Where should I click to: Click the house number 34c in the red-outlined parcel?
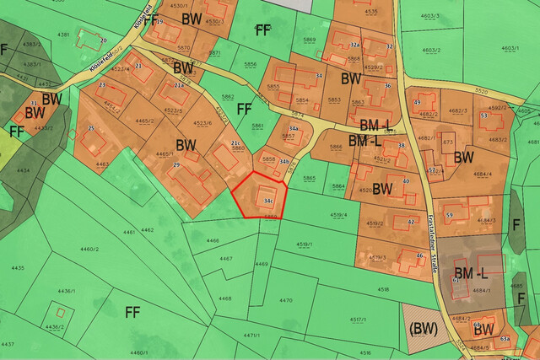tap(267, 201)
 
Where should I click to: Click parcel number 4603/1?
tap(509, 49)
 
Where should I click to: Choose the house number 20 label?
tap(103, 40)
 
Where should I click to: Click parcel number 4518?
tap(384, 289)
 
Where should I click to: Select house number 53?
tap(484, 116)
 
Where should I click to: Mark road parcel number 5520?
tap(482, 90)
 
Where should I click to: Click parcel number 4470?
tap(286, 300)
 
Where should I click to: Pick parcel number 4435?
tap(18, 267)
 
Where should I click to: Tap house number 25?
tap(90, 129)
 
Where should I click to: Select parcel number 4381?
tap(62, 34)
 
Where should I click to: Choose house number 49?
tap(417, 103)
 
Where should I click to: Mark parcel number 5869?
tap(310, 40)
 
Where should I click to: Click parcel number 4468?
tap(224, 298)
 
